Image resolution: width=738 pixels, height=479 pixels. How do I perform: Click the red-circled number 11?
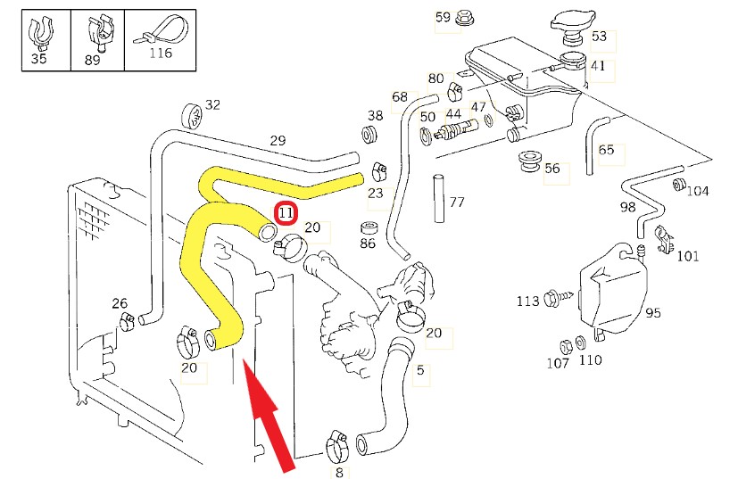tap(286, 213)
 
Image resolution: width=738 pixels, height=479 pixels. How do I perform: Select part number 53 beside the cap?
tap(599, 37)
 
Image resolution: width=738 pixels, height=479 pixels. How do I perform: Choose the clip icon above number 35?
tap(38, 31)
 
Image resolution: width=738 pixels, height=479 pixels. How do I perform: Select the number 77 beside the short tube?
tap(457, 202)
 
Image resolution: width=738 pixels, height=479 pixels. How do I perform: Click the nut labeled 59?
tap(464, 18)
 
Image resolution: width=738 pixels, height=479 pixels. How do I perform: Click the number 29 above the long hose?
tap(278, 141)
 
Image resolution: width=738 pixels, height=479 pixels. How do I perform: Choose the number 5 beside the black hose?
tap(420, 370)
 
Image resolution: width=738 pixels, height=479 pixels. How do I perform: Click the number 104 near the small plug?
tap(699, 191)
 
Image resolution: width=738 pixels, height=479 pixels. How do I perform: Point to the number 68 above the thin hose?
tap(399, 96)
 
